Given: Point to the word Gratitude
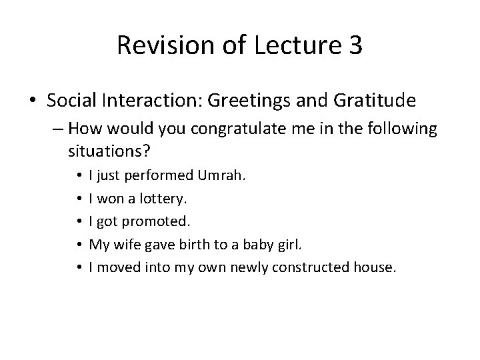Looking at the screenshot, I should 378,101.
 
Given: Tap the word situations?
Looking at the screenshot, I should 103,151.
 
